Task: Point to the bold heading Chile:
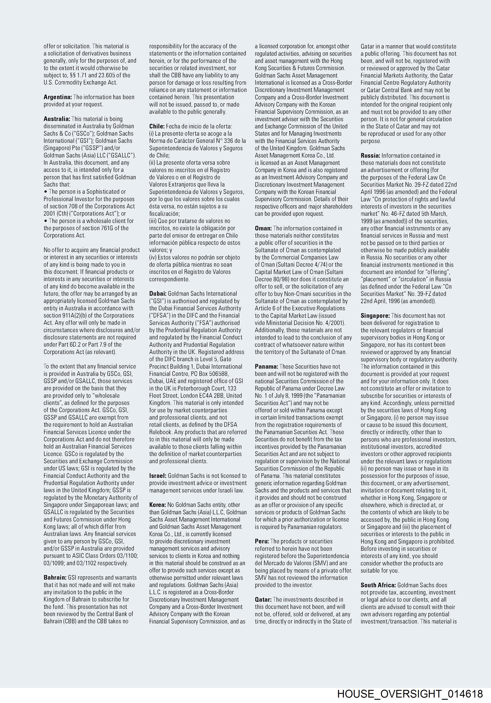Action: (x=157, y=126)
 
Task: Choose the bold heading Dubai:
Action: (x=158, y=294)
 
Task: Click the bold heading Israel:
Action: (x=158, y=476)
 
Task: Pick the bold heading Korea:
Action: (x=158, y=505)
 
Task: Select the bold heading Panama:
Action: (x=266, y=366)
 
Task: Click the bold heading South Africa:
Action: (x=378, y=585)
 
